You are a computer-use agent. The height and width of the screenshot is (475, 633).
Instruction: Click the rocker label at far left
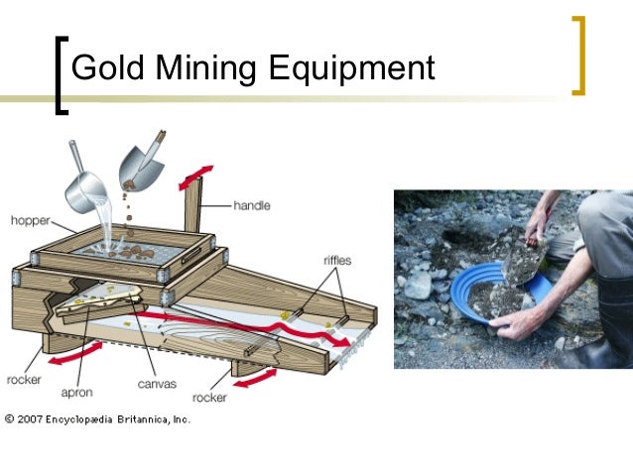click(x=22, y=379)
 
